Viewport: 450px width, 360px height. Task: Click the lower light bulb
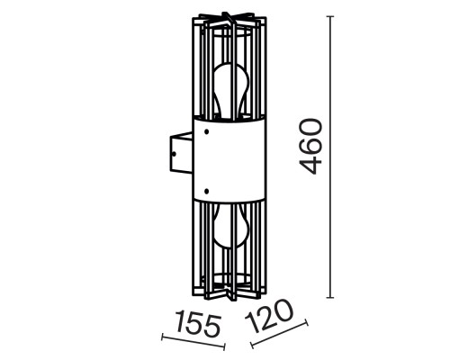tap(229, 230)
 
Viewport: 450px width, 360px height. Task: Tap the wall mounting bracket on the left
tap(180, 155)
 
